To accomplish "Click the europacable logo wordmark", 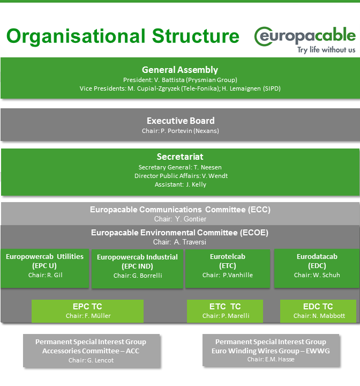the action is [305, 36].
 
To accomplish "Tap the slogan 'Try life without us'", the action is [326, 50].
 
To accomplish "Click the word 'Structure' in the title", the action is [196, 36].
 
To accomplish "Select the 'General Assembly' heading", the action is [180, 70].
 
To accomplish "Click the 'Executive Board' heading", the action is [181, 121].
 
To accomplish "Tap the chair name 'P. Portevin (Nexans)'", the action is [190, 131].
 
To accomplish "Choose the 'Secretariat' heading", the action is [180, 157].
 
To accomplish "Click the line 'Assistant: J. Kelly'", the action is [181, 184].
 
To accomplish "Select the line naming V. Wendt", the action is [181, 176].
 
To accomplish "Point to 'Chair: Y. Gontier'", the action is [180, 219].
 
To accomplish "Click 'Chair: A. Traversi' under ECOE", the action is [179, 242].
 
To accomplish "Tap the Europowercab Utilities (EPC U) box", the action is [45, 269].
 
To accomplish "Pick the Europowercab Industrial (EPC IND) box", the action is [137, 269].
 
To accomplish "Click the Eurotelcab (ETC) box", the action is [228, 269].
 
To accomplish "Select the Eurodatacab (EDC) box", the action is [317, 269].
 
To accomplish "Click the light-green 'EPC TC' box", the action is [88, 311].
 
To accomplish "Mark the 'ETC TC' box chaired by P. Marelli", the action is [225, 311].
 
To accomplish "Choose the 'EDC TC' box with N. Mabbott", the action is [318, 311].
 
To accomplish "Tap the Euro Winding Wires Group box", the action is [271, 350].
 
